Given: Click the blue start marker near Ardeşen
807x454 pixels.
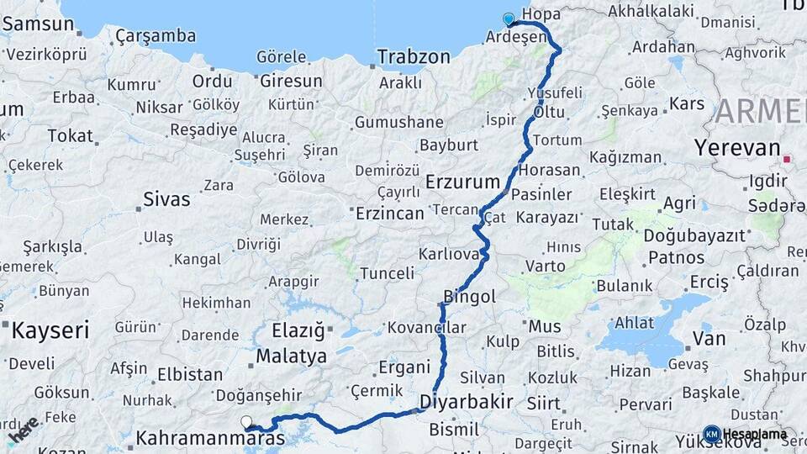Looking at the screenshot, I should pyautogui.click(x=508, y=18).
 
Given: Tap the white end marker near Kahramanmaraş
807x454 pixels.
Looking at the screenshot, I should pyautogui.click(x=245, y=422).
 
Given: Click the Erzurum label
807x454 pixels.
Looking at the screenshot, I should pyautogui.click(x=462, y=182).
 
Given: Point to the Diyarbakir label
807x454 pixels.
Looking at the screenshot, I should pyautogui.click(x=467, y=401).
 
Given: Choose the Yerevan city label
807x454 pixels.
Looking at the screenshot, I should pyautogui.click(x=737, y=148).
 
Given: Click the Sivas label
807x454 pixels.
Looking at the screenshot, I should pyautogui.click(x=166, y=200).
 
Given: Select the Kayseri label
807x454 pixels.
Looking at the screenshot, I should pyautogui.click(x=50, y=330).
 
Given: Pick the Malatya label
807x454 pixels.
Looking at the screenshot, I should pyautogui.click(x=291, y=356).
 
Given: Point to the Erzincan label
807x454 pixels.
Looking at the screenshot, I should pyautogui.click(x=389, y=214).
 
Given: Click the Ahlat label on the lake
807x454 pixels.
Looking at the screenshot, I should pyautogui.click(x=634, y=322).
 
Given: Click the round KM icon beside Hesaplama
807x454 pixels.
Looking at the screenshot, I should pyautogui.click(x=711, y=434).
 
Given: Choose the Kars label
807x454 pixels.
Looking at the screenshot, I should pyautogui.click(x=687, y=104).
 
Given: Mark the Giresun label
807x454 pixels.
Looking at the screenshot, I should pyautogui.click(x=291, y=82).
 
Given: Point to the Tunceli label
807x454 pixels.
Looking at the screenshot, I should pyautogui.click(x=387, y=273).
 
